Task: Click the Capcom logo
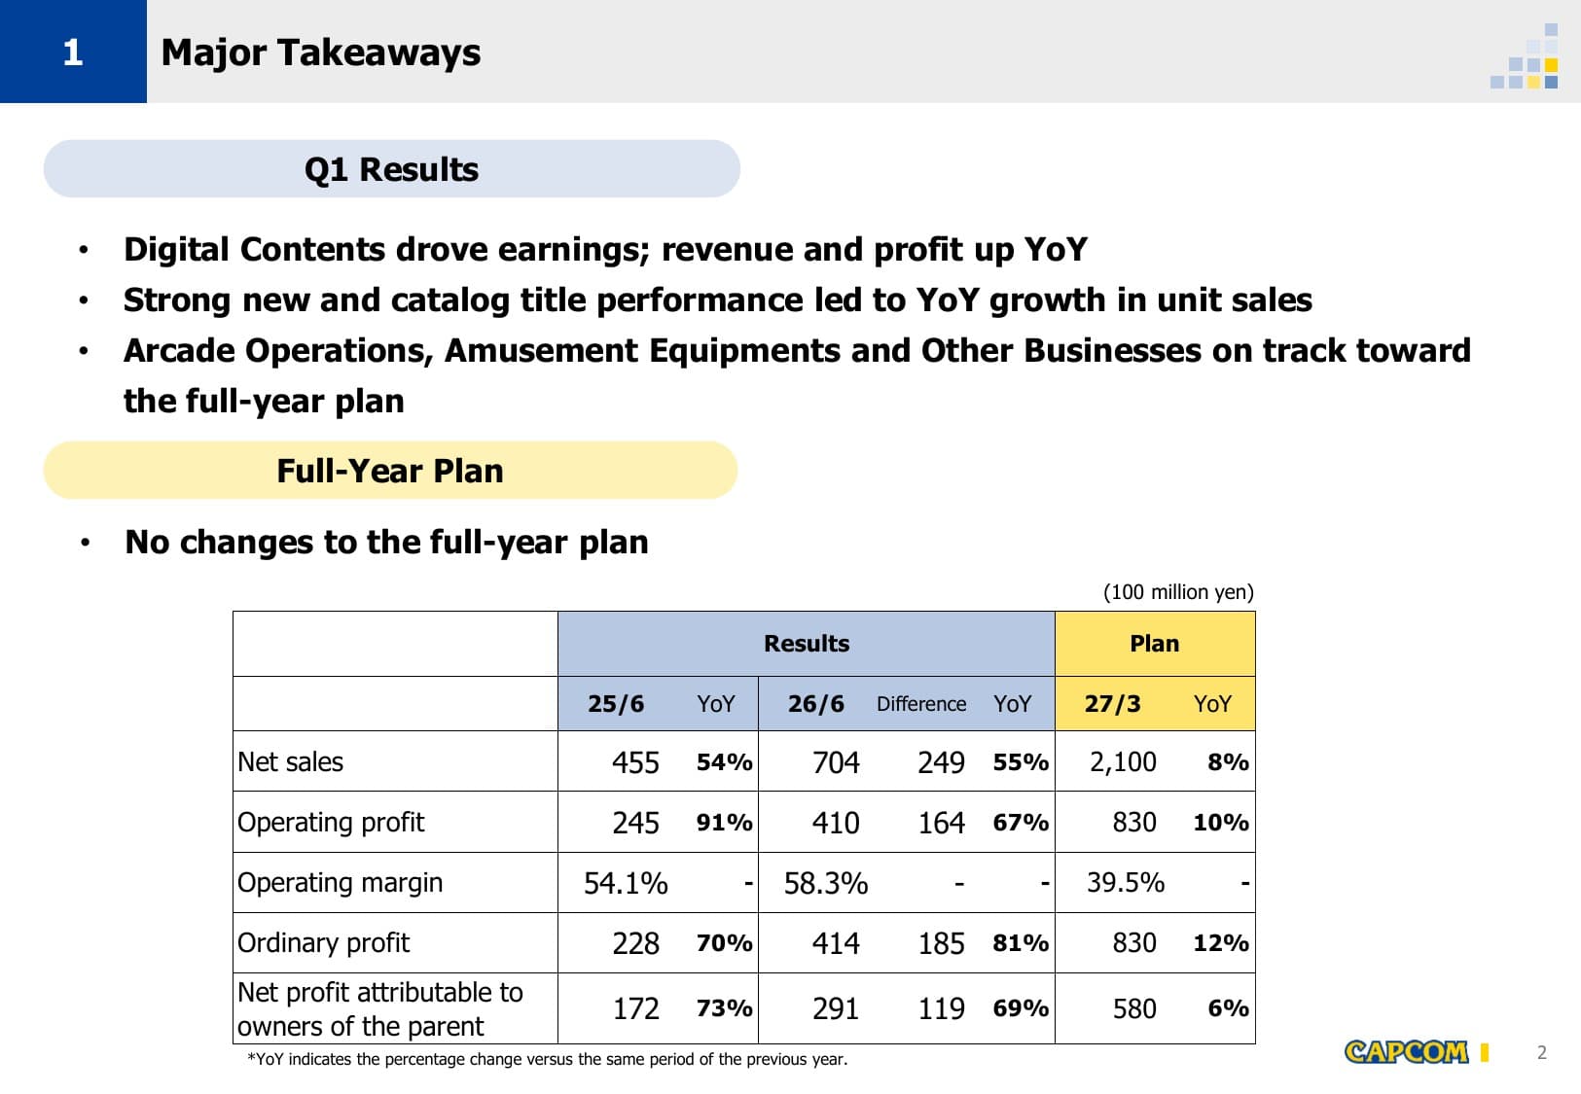point(1406,1051)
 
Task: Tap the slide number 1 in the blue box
point(73,53)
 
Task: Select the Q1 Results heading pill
point(392,168)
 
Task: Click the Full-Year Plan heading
point(390,471)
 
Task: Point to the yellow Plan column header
point(1155,644)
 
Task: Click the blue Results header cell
point(806,644)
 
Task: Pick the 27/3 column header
point(1112,703)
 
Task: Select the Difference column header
point(921,703)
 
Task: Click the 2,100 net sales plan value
point(1123,761)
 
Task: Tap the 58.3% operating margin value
point(826,883)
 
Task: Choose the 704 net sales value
point(836,761)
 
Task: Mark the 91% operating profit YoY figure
point(724,823)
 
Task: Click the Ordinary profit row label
point(323,943)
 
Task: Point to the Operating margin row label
point(341,883)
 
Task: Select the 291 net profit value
point(836,1008)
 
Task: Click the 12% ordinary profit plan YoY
point(1221,943)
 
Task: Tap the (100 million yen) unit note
point(1178,592)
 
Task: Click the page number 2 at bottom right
point(1542,1052)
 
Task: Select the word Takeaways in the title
point(380,53)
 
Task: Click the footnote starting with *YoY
point(547,1059)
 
